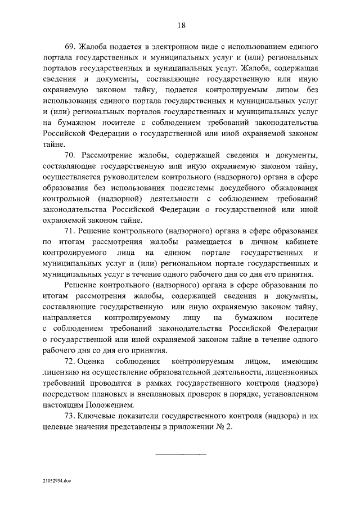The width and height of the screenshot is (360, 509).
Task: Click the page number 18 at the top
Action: point(181,25)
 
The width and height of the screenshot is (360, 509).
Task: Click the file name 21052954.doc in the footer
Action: point(57,482)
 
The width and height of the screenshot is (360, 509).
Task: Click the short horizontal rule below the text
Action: point(181,454)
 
